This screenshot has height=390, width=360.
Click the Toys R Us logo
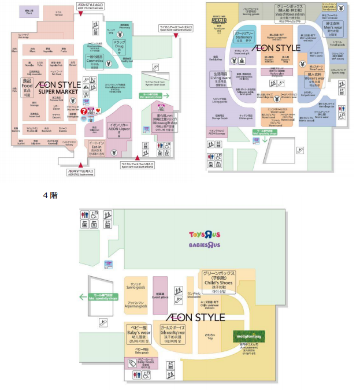tap(205, 235)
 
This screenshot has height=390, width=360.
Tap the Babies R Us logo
tap(204, 245)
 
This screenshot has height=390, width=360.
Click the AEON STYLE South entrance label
tap(80, 172)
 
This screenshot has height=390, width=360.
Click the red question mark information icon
tap(84, 110)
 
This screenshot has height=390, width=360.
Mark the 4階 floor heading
tap(50, 195)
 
